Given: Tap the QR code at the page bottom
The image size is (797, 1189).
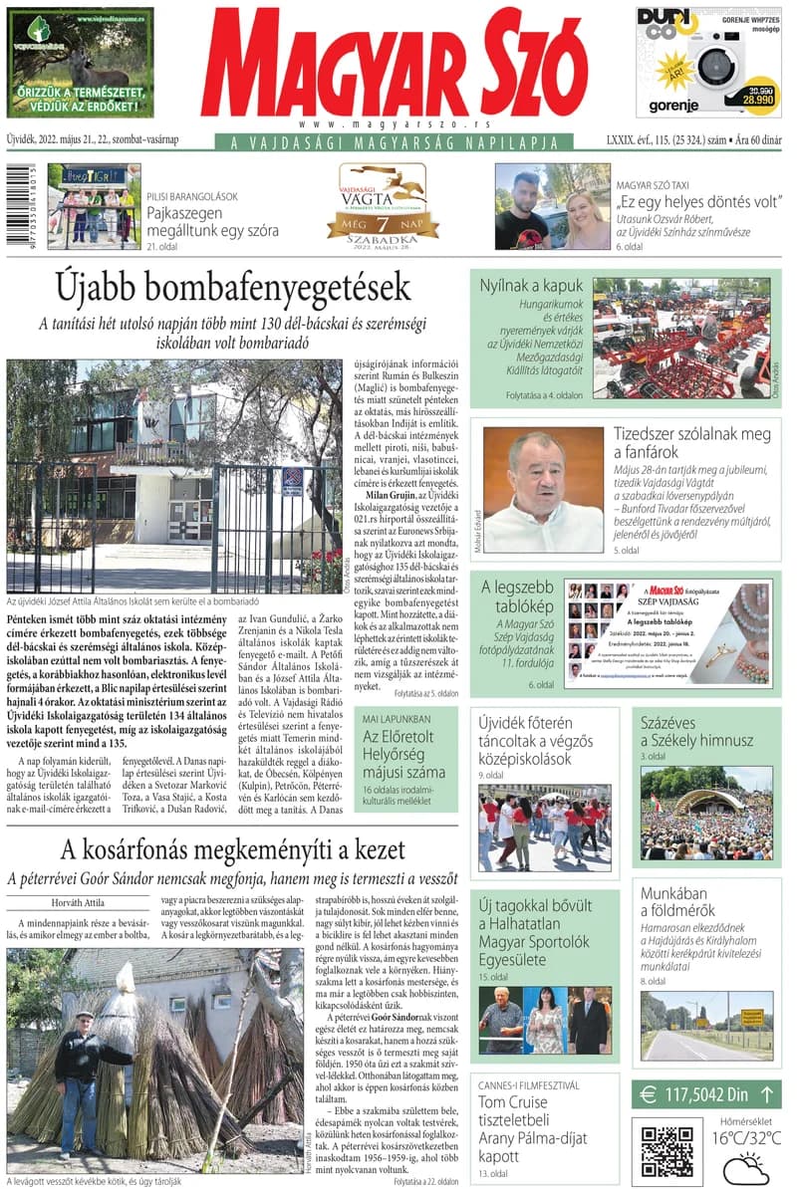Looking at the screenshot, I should (666, 1152).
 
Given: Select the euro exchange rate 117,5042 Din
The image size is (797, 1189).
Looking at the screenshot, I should (706, 1094).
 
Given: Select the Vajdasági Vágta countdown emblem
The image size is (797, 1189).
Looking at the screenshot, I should (383, 205).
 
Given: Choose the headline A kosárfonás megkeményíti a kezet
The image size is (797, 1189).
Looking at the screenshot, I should (233, 849).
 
